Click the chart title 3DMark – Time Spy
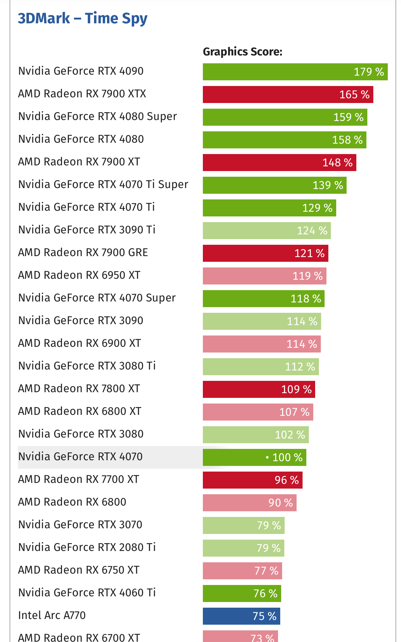[82, 18]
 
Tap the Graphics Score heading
[242, 52]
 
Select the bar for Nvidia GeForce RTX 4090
[295, 72]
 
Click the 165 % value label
[354, 95]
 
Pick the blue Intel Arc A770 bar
[241, 616]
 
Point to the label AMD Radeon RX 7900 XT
[79, 162]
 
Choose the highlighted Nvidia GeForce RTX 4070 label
[81, 456]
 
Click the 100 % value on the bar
[287, 457]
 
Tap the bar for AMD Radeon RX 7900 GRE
[265, 253]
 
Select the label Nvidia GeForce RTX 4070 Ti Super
[103, 184]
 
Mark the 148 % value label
[337, 163]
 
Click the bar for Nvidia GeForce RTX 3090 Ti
[267, 231]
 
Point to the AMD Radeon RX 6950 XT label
[79, 275]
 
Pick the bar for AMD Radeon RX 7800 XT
[259, 389]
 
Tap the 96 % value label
[287, 480]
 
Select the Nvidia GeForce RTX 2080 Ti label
[87, 547]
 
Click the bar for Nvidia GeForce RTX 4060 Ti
[242, 593]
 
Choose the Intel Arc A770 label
[52, 615]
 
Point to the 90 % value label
[281, 503]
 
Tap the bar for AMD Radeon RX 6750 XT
[242, 571]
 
